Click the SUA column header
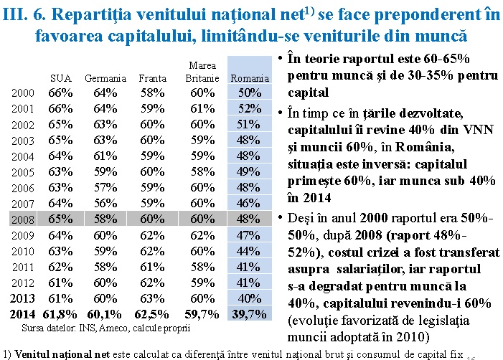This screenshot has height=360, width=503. click(60, 78)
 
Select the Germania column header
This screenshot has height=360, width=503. click(105, 78)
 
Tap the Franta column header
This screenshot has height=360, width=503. click(152, 78)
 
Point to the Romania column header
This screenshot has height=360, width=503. click(250, 78)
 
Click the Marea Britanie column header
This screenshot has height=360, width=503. click(202, 72)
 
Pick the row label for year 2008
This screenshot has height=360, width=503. click(23, 219)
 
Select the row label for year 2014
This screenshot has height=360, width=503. click(22, 313)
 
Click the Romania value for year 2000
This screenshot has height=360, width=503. click(250, 93)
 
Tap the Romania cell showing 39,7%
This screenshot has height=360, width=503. click(250, 313)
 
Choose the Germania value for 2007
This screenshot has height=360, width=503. click(105, 203)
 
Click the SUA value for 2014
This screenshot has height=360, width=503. click(60, 313)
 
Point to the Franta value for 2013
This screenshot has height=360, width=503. click(152, 298)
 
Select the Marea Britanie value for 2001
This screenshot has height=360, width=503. click(202, 108)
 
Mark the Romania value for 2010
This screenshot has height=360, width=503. click(250, 250)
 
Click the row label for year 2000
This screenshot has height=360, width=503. click(23, 93)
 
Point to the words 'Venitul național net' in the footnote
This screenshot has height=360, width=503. click(61, 353)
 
